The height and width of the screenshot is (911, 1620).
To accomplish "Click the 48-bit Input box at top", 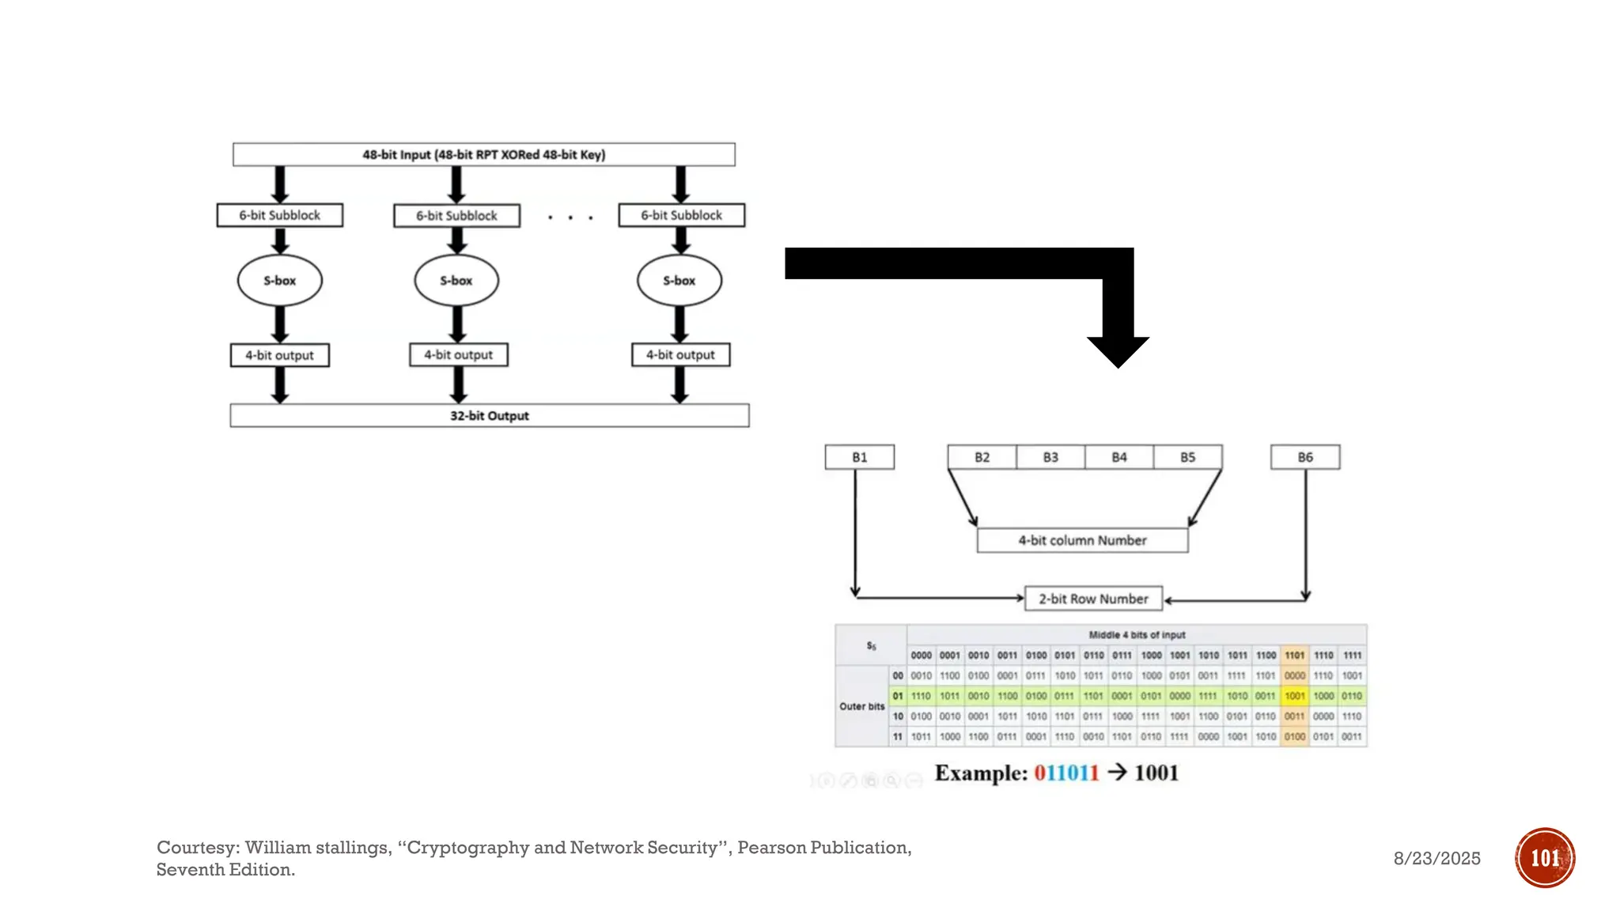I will [x=483, y=154].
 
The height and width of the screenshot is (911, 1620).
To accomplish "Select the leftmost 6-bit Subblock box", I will [x=279, y=215].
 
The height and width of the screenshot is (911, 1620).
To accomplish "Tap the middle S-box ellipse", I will [x=456, y=280].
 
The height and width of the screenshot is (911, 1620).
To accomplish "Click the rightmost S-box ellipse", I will [x=679, y=280].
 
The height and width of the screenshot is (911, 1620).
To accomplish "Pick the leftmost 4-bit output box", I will [x=279, y=355].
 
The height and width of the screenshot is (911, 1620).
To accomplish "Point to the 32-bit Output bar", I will [x=489, y=415].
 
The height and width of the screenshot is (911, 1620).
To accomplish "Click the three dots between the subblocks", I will [x=570, y=217].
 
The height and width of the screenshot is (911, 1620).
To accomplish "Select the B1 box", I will [x=859, y=457].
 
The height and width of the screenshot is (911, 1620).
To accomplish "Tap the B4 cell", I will [x=1118, y=457].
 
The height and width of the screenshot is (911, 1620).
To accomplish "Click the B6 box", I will [x=1304, y=457].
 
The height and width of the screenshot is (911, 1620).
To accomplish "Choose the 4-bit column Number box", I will [x=1081, y=540].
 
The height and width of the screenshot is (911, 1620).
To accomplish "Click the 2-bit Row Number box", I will [x=1092, y=599].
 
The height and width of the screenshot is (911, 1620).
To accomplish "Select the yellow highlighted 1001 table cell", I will [x=1294, y=696].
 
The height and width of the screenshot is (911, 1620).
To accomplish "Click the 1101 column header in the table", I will [x=1294, y=655].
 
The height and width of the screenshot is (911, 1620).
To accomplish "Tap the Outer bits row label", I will [x=861, y=706].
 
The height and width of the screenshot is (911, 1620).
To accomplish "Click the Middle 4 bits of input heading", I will [x=1136, y=634].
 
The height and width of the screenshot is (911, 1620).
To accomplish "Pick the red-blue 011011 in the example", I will [x=1065, y=773].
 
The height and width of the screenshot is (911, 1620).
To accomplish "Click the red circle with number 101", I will [x=1544, y=857].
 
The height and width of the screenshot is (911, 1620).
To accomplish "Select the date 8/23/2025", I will [x=1436, y=858].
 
